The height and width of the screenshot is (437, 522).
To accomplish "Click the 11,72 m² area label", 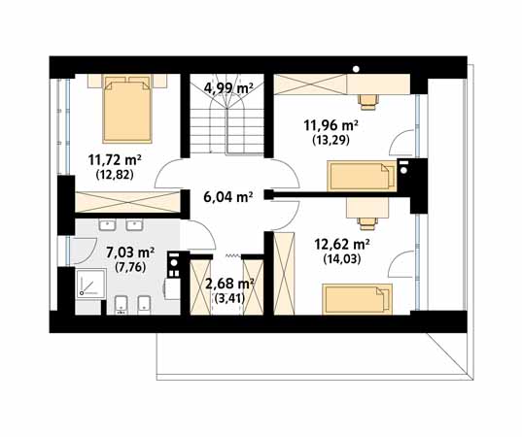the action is [x=115, y=160].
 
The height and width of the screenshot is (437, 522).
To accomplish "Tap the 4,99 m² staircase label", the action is [x=228, y=88].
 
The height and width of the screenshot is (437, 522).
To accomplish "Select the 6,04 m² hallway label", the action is [x=227, y=197].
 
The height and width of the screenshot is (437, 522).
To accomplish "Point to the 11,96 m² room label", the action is [x=331, y=125].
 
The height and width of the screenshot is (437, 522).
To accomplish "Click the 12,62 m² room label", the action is [x=342, y=245].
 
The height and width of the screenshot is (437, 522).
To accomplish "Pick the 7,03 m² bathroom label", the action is [x=130, y=252].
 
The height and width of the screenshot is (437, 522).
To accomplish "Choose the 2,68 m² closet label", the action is [x=230, y=284].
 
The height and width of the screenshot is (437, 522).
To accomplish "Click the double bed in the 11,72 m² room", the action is [x=127, y=109].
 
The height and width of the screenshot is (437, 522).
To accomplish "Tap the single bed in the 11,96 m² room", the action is [x=362, y=176].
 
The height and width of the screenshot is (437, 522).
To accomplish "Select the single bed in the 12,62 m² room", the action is [x=357, y=299].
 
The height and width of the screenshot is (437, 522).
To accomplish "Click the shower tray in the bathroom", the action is [x=90, y=284].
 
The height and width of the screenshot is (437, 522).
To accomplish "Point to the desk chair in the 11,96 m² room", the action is [x=368, y=102].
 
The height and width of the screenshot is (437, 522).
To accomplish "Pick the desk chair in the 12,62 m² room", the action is [x=368, y=223].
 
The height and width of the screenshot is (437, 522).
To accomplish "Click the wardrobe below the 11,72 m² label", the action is [x=127, y=202].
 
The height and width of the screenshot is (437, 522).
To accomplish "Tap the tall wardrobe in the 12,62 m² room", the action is [x=284, y=274].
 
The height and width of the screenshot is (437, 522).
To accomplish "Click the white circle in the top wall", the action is [x=356, y=69].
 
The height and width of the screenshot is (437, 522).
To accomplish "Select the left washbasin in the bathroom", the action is [x=107, y=225].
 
